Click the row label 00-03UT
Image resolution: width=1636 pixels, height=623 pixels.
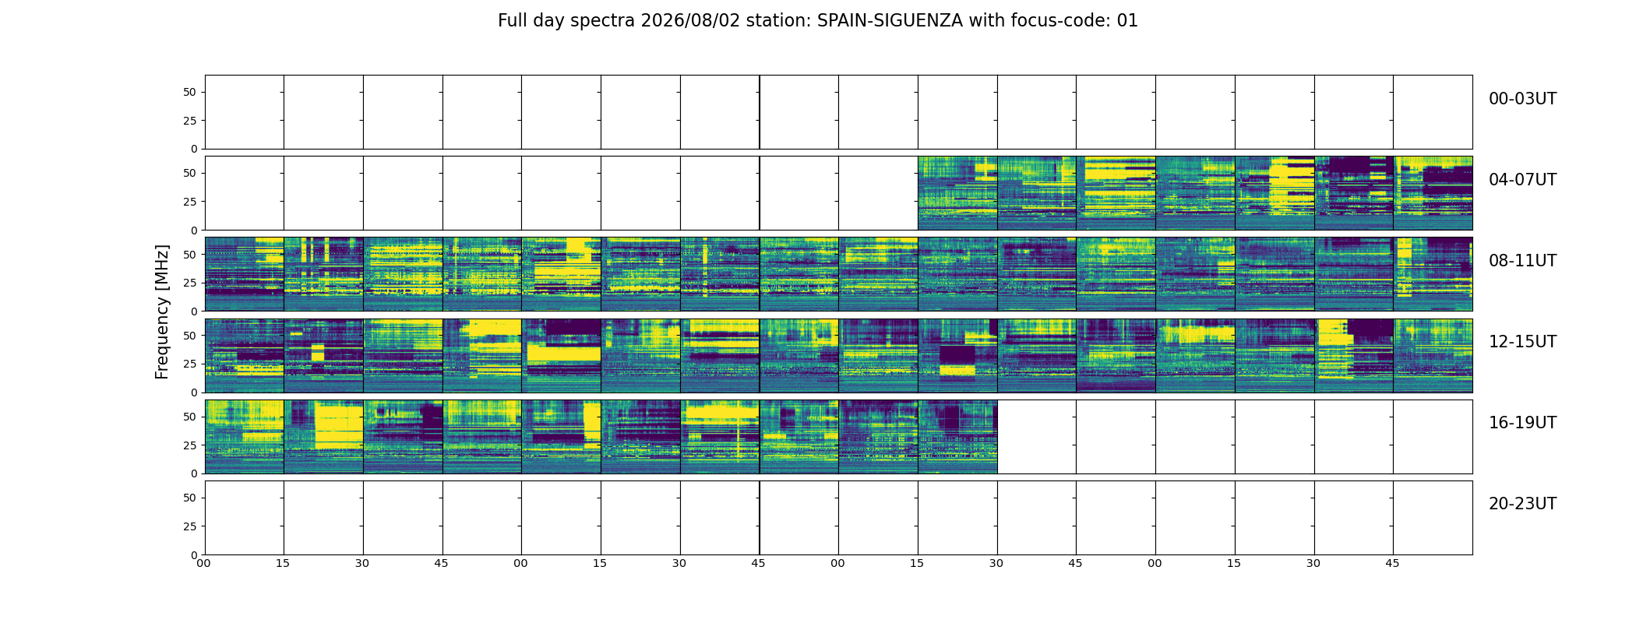1522,99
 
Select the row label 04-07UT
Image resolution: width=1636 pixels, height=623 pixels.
1522,180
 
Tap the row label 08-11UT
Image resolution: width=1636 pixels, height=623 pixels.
1522,261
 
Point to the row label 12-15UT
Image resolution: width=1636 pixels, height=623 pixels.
1522,342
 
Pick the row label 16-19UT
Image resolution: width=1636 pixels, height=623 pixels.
1522,423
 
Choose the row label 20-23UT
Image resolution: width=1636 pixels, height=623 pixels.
1522,504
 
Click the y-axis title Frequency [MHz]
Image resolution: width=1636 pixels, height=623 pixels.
162,311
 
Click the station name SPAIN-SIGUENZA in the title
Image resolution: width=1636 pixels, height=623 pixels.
890,21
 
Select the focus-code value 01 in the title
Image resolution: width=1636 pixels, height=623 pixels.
1127,21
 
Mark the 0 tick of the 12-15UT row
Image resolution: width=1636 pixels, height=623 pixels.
194,392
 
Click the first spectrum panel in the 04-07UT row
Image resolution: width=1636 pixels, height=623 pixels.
957,193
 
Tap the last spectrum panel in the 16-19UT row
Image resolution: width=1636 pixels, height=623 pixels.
957,437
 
